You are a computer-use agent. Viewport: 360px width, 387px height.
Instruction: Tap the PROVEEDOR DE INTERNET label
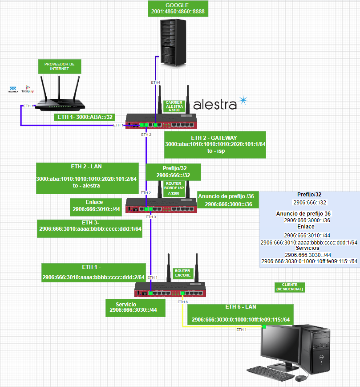click(59, 67)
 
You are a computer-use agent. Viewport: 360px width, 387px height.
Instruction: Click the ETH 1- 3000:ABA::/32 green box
click(85, 118)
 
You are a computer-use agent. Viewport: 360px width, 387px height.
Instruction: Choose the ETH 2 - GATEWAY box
click(215, 144)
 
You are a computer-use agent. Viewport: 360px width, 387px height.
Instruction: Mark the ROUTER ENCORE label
click(182, 273)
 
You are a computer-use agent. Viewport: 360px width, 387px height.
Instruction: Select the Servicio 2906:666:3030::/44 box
click(135, 308)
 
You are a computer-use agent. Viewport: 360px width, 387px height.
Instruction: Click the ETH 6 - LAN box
click(241, 314)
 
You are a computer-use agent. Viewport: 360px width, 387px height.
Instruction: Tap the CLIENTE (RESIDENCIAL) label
click(290, 287)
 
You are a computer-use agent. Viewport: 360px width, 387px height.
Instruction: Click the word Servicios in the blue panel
click(307, 248)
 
